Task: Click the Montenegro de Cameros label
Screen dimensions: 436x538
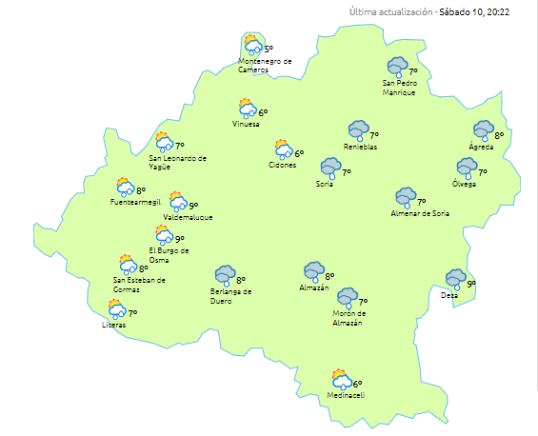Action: (x=265, y=65)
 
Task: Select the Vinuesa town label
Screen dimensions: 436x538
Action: (x=246, y=125)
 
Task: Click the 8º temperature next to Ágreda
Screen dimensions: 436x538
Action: (x=499, y=136)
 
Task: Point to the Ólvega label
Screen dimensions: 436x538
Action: (x=465, y=183)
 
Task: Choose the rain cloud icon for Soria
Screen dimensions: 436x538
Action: (x=330, y=168)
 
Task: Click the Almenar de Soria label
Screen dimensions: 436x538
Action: (x=420, y=214)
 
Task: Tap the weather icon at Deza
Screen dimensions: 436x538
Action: (x=456, y=279)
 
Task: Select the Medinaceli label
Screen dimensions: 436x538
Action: (x=345, y=395)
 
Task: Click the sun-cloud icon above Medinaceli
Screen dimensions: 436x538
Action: (x=341, y=380)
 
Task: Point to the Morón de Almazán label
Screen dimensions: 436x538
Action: (x=348, y=319)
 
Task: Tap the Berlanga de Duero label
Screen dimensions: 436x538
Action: (x=230, y=295)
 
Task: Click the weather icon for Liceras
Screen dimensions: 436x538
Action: (x=117, y=309)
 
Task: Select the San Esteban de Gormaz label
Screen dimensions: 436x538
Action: (x=139, y=284)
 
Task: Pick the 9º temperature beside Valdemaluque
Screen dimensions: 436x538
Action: (x=193, y=206)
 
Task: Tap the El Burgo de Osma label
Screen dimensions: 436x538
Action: (x=169, y=254)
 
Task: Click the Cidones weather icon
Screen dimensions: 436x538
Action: (x=283, y=149)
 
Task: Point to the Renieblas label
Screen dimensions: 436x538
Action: (x=360, y=148)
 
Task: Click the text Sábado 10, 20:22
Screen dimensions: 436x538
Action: (x=481, y=12)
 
